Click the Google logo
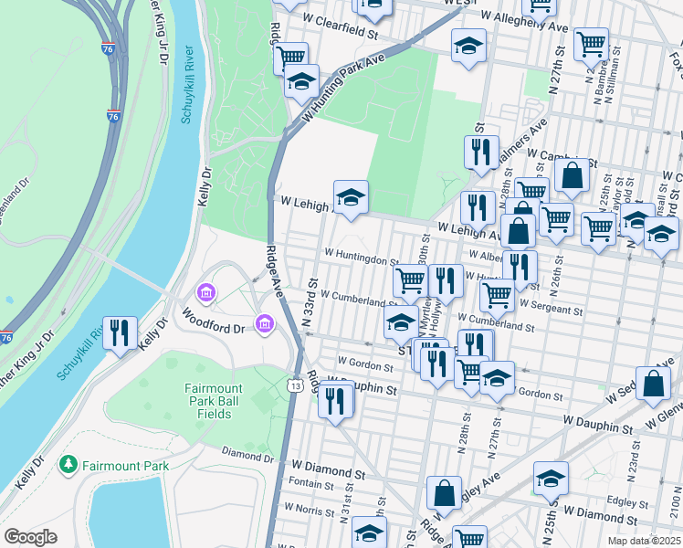[x=30, y=537]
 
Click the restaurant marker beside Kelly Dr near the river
[x=120, y=334]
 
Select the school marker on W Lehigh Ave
[x=350, y=198]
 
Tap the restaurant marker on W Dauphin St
[x=336, y=399]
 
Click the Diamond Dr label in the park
[x=247, y=454]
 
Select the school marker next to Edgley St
[x=551, y=480]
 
